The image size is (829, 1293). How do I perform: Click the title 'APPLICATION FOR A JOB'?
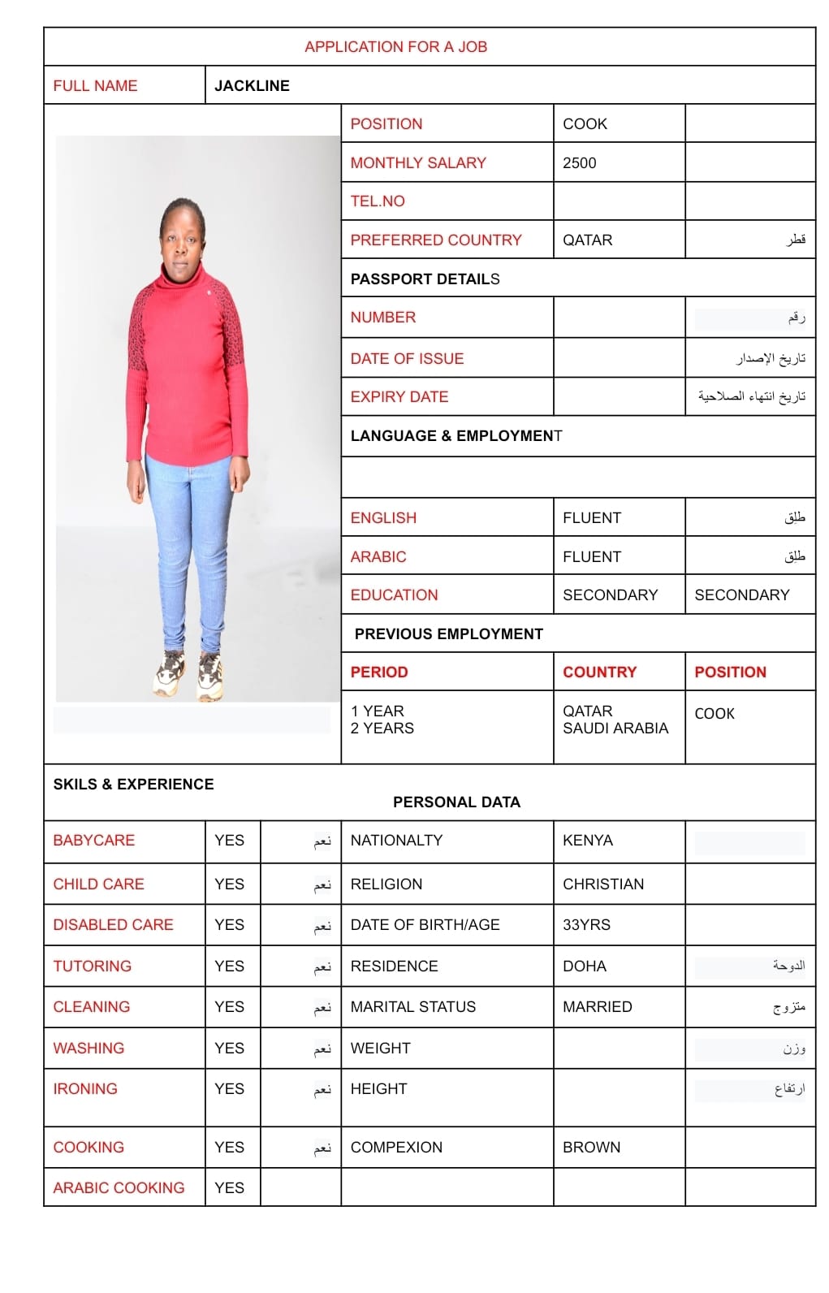[395, 47]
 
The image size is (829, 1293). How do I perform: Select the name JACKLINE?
[252, 86]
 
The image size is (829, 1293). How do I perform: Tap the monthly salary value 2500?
[579, 163]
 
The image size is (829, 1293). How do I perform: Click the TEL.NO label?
[378, 201]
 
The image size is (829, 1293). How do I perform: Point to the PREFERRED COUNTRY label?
[436, 240]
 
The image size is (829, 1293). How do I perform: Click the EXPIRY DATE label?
[399, 397]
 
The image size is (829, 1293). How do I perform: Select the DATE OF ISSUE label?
[407, 359]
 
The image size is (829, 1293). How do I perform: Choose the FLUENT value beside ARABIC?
[592, 557]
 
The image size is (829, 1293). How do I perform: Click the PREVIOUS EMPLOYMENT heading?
[448, 634]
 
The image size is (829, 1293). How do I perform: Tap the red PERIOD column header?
[379, 672]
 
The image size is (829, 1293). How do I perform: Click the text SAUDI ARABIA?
[615, 729]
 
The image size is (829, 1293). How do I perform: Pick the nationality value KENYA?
[588, 841]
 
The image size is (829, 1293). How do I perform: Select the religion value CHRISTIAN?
[603, 884]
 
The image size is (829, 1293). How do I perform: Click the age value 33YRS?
[586, 925]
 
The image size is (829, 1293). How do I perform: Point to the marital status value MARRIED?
[598, 1007]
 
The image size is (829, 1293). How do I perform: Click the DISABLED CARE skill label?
[113, 925]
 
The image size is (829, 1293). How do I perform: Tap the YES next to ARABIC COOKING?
[229, 1188]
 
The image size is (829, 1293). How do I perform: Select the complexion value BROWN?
[591, 1148]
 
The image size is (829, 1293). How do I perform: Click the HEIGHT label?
[378, 1089]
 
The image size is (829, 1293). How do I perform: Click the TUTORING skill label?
[92, 967]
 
